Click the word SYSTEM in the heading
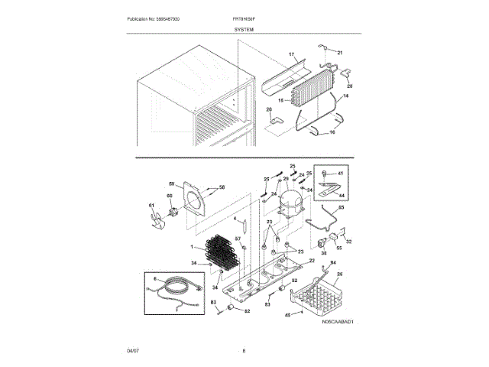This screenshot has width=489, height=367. coord(244,28)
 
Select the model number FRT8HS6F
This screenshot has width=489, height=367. coord(244,18)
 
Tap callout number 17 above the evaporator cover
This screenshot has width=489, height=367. coord(291,55)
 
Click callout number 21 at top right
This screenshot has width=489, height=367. coord(340,52)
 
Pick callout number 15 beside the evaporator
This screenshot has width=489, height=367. coord(280,100)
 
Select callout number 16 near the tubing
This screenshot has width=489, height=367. coord(332,132)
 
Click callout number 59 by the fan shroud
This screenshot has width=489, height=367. coord(172,183)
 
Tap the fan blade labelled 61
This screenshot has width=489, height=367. coord(157,222)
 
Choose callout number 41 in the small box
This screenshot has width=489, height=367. coord(340,174)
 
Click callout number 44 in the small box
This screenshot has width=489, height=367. coord(341,196)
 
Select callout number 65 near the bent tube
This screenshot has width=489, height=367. coord(341,208)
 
